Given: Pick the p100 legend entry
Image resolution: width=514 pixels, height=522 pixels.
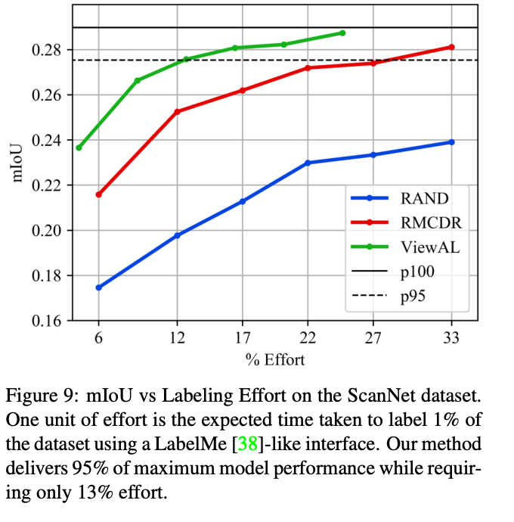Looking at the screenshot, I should point(417,272).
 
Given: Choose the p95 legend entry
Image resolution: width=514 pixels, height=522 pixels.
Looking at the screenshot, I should point(413,296).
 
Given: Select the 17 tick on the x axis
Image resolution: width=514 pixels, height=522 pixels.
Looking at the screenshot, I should point(241,340).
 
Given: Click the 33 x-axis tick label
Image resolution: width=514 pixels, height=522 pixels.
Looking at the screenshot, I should point(452,340).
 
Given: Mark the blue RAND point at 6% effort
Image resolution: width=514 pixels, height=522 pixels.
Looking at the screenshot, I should point(98,287).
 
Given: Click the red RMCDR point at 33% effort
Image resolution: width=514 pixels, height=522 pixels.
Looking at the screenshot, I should point(452,47).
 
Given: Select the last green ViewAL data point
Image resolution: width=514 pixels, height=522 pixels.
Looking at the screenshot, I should point(342,33).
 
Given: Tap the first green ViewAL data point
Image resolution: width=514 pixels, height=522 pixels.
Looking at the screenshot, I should point(79,148).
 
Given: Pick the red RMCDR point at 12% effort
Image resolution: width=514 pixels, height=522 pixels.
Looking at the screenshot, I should point(177,111).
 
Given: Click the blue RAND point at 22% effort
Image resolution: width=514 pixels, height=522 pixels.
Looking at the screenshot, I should point(308,163).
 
